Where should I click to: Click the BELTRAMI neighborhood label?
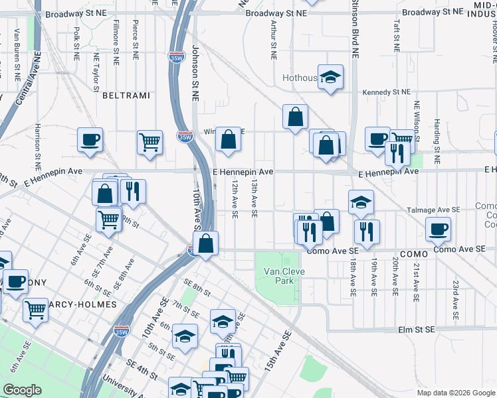pos(126,96)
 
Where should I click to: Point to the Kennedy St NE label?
pos(385,92)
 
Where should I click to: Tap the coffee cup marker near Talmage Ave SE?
pos(439,230)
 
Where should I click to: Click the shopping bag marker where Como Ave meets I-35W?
pos(207,243)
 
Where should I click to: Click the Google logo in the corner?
pos(23,390)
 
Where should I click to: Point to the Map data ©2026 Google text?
pos(455,393)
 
